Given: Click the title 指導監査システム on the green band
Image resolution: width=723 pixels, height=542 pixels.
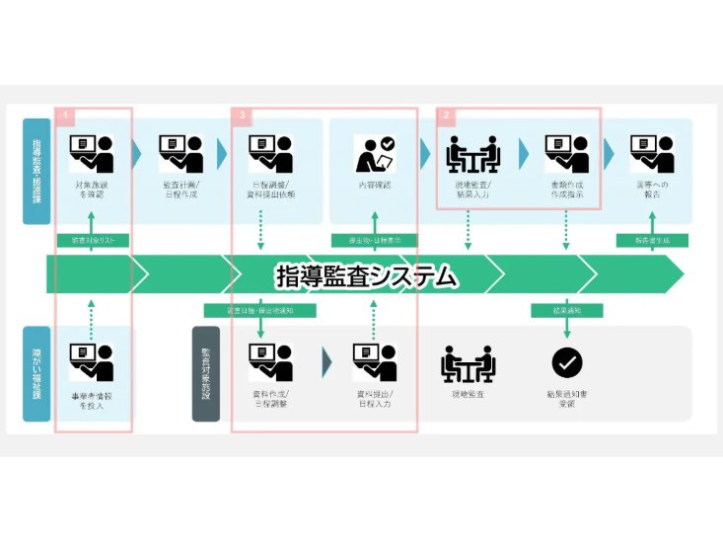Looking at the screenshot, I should [x=367, y=275].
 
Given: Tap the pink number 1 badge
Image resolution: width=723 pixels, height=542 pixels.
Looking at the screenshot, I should [x=65, y=116].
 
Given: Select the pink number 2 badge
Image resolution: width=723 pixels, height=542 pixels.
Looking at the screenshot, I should [x=447, y=116].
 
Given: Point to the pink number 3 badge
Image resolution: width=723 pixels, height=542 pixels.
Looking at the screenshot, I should [x=243, y=116].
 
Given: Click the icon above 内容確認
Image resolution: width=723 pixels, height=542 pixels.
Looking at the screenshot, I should [x=375, y=154].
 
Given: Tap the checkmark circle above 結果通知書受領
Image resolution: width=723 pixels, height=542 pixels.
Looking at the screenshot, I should [x=567, y=363].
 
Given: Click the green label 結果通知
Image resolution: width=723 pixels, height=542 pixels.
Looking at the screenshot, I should [x=566, y=310].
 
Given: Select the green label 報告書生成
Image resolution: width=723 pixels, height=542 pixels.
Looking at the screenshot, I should [x=651, y=241].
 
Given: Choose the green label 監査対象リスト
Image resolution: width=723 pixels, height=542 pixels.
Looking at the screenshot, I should [x=93, y=241].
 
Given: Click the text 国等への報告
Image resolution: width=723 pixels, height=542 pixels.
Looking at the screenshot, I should [x=651, y=191].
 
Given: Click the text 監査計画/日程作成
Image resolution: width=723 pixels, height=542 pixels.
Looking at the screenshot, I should [x=180, y=191].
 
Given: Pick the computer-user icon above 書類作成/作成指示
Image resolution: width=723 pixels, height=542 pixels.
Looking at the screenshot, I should [x=567, y=154].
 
